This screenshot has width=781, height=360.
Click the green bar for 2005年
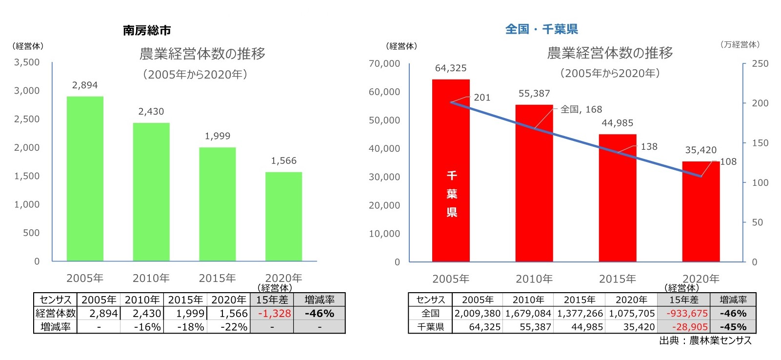pyautogui.click(x=85, y=179)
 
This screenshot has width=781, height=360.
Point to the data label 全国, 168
pyautogui.click(x=581, y=109)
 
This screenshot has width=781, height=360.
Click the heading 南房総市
pyautogui.click(x=147, y=30)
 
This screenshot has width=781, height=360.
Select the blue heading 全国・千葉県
pyautogui.click(x=541, y=29)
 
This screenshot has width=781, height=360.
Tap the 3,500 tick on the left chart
pyautogui.click(x=27, y=62)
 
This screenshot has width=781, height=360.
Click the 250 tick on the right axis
pyautogui.click(x=760, y=63)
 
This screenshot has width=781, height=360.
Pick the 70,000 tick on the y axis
pyautogui.click(x=384, y=63)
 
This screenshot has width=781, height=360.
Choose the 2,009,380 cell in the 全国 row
pyautogui.click(x=478, y=313)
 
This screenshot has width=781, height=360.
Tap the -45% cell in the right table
pyautogui.click(x=733, y=327)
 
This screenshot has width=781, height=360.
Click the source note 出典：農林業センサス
pyautogui.click(x=705, y=340)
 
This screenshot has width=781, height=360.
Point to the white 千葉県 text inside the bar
pyautogui.click(x=452, y=194)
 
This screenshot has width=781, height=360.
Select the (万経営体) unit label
pyautogui.click(x=740, y=44)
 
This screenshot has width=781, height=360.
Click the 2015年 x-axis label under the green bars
pyautogui.click(x=217, y=278)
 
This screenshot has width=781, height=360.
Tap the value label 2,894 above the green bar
pyautogui.click(x=85, y=85)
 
